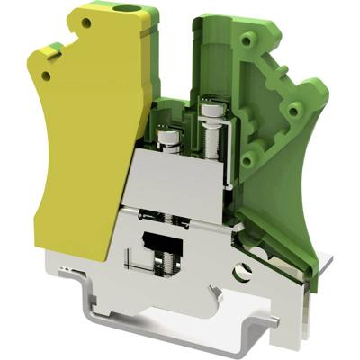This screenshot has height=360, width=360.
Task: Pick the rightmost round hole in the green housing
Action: tap(294, 110)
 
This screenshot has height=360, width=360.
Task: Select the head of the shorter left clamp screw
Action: tap(168, 138)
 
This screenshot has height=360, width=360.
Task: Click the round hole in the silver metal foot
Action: tap(241, 268)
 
